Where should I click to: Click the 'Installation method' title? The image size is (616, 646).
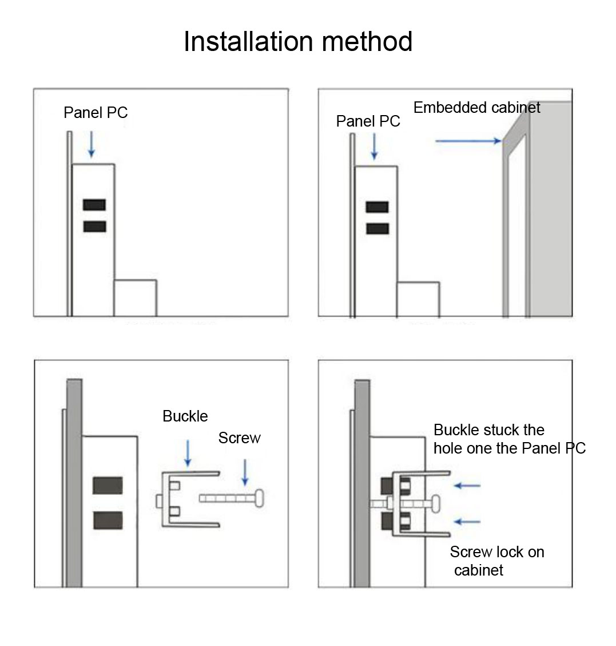pyautogui.click(x=297, y=42)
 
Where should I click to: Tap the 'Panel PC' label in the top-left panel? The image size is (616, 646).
pyautogui.click(x=96, y=112)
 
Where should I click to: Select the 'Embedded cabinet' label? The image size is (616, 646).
pyautogui.click(x=476, y=107)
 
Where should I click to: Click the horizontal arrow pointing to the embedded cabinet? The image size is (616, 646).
pyautogui.click(x=468, y=140)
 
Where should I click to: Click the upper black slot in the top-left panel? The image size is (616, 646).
pyautogui.click(x=94, y=204)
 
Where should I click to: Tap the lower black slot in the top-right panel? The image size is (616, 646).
pyautogui.click(x=377, y=229)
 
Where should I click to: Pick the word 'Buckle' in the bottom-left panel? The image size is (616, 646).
pyautogui.click(x=185, y=416)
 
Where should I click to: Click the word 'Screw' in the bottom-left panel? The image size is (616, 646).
pyautogui.click(x=239, y=438)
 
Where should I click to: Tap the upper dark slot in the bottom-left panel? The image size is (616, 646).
pyautogui.click(x=108, y=486)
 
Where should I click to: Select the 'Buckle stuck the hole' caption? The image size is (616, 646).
pyautogui.click(x=509, y=439)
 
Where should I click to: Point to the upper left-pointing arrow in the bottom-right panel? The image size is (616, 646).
pyautogui.click(x=467, y=486)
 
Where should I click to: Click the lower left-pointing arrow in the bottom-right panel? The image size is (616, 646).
pyautogui.click(x=467, y=522)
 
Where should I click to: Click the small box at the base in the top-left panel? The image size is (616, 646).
pyautogui.click(x=135, y=297)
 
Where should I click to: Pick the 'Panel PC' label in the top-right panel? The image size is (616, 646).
pyautogui.click(x=368, y=121)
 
